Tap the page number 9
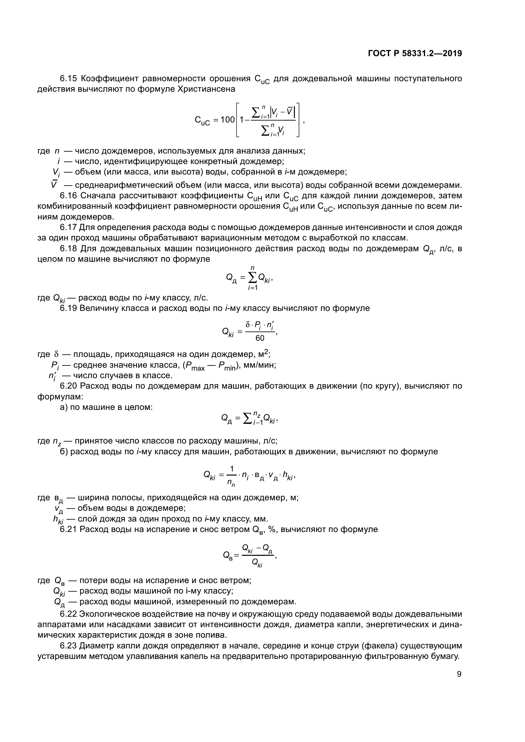(x=459, y=674)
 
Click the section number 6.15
(x=69, y=79)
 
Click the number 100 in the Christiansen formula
(x=227, y=120)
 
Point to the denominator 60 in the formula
(x=260, y=338)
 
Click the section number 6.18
(x=69, y=248)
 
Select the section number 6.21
(x=69, y=529)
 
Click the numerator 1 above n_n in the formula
(x=231, y=469)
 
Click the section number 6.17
(x=69, y=227)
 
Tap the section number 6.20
(x=69, y=386)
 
